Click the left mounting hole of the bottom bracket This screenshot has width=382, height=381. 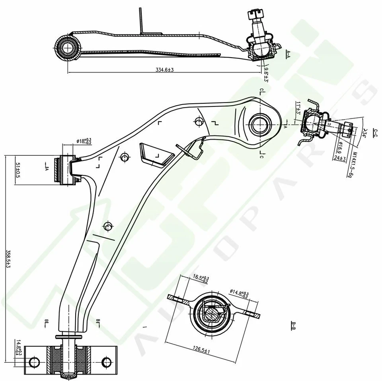(35, 362)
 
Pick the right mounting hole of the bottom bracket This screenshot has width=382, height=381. (106, 362)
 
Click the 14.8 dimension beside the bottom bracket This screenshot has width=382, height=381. (18, 347)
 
